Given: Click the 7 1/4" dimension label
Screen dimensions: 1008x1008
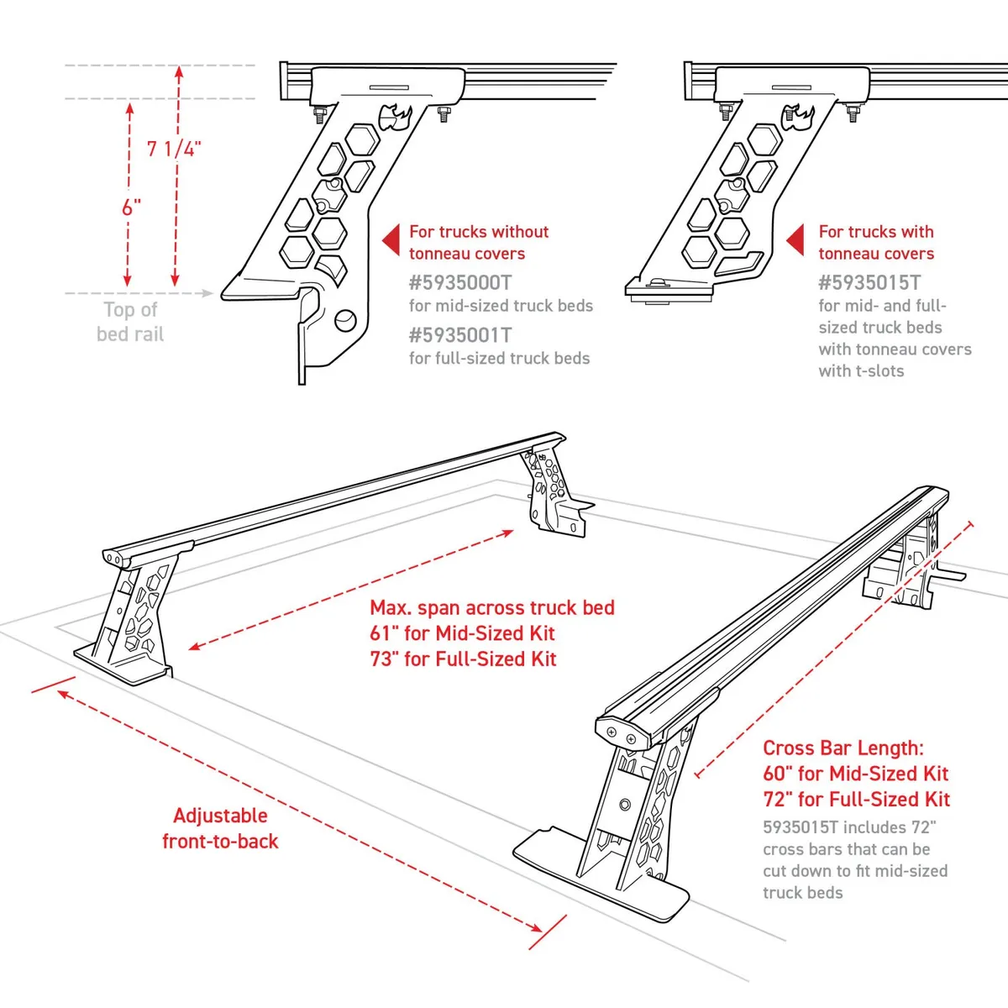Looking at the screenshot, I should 174,149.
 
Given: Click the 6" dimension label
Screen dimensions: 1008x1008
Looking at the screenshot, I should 131,207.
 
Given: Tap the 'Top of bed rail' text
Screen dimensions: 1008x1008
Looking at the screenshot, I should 130,322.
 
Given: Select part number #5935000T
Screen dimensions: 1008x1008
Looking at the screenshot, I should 459,282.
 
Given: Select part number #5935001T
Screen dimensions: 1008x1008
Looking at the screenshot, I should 459,335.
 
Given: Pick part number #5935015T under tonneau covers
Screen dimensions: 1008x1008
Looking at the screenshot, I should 869,282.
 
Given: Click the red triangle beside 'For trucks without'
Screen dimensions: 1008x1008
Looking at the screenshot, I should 391,241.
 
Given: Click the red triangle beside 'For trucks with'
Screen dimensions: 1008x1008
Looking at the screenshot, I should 796,241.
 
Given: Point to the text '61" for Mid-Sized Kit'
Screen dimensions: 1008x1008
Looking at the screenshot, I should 462,633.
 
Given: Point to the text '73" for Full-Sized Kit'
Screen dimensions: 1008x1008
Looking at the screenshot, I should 463,659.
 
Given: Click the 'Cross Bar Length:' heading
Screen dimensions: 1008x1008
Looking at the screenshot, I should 843,748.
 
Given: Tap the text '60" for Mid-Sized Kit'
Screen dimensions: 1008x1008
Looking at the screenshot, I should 855,774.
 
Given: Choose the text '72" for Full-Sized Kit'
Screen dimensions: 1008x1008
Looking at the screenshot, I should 856,800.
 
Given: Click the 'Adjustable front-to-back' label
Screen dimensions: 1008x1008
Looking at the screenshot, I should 220,828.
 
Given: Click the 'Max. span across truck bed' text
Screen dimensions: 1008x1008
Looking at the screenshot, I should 492,607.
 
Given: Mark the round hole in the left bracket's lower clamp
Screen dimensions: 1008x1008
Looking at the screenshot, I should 344,320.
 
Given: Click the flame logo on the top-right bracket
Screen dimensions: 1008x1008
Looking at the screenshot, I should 799,117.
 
